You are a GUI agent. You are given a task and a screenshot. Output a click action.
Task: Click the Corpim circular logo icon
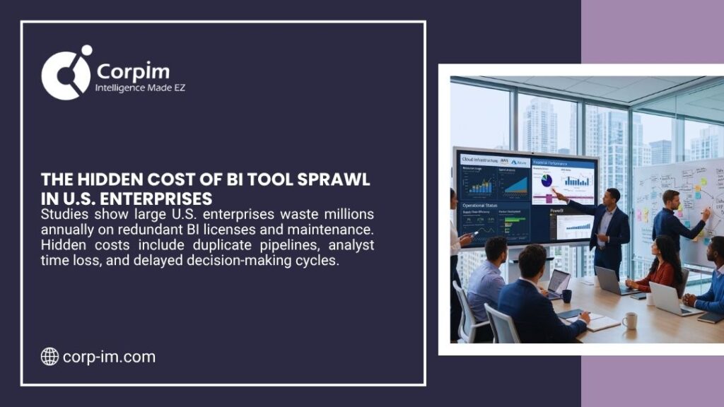click(66, 73)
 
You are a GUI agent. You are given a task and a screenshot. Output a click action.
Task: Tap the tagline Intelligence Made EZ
click(140, 88)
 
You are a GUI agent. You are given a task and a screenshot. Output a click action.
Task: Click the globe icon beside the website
click(49, 357)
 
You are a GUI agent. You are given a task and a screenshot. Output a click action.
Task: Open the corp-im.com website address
click(109, 357)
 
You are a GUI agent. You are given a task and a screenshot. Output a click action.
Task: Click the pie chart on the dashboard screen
click(546, 180)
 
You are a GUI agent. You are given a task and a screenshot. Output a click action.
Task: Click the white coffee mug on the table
click(629, 320)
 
